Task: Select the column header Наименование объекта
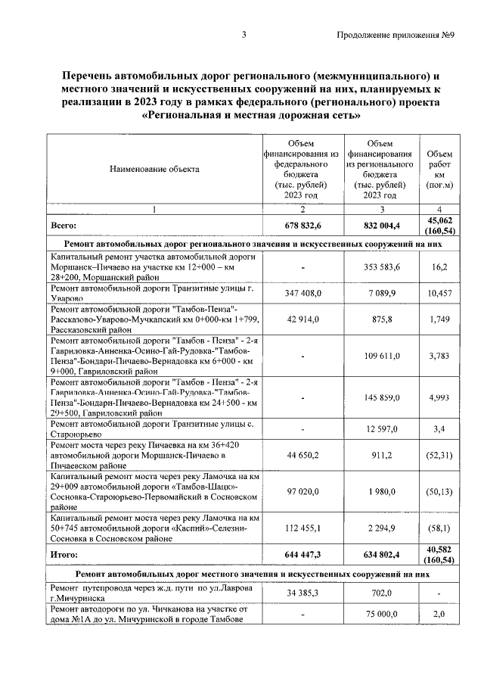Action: [154, 169]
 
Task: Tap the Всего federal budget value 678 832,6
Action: [302, 226]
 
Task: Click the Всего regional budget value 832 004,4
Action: [381, 226]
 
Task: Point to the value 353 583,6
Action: [382, 268]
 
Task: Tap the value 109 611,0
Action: [382, 355]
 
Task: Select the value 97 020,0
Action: [302, 491]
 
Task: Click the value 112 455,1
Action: [302, 528]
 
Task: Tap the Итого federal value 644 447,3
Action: [302, 555]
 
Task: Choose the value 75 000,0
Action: [382, 616]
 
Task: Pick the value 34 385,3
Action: [302, 593]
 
